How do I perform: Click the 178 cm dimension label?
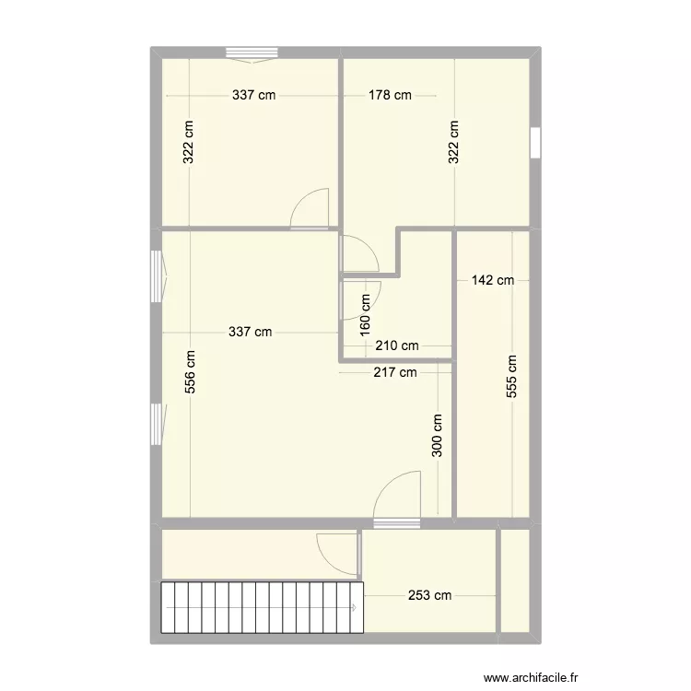[390, 95]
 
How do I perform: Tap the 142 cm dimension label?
[492, 280]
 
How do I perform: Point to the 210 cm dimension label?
[397, 346]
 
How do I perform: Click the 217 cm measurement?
[394, 373]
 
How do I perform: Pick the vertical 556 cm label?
[190, 371]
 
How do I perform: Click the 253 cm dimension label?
[429, 595]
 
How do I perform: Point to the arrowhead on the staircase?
[355, 607]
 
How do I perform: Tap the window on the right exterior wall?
[535, 143]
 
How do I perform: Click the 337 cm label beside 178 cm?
[253, 95]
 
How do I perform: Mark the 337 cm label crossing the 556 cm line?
[251, 333]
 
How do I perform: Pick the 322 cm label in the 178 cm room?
[454, 143]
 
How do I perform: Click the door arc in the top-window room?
[311, 209]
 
